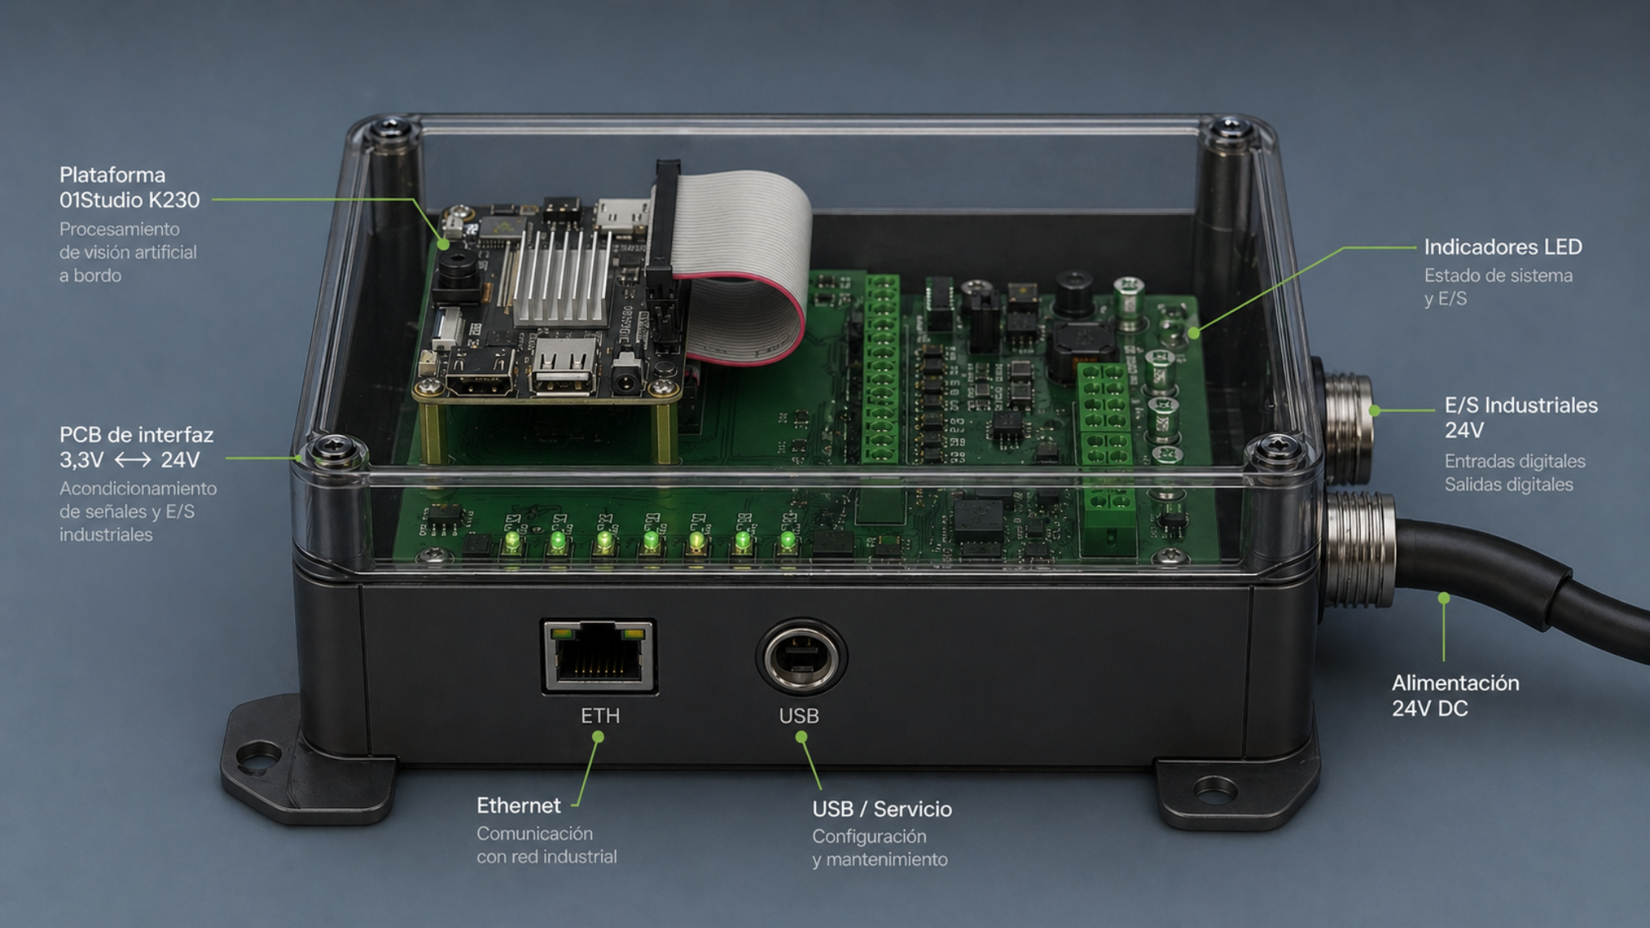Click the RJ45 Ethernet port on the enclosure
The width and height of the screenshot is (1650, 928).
pos(599,656)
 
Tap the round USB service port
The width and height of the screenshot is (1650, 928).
pos(801,657)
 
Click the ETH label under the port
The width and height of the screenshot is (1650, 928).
pos(600,715)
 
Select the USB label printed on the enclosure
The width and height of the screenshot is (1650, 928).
pos(799,715)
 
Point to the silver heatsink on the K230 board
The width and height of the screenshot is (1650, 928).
pos(562,276)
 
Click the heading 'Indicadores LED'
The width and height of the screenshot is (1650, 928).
pos(1503,246)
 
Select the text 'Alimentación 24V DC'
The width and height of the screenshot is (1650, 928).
pos(1455,695)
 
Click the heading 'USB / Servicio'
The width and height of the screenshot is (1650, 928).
pos(881,809)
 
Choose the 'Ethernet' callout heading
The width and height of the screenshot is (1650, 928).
pos(518,806)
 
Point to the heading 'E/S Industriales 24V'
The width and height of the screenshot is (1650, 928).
pos(1521,417)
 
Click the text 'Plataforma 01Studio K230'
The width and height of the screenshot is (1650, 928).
pos(129,187)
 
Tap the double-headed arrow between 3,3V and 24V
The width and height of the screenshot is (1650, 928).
pos(132,460)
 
